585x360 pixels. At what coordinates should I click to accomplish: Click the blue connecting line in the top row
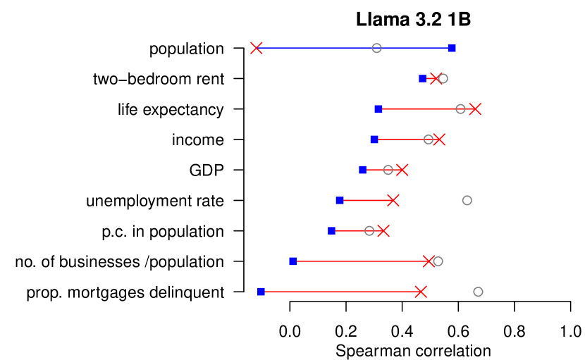point(317,48)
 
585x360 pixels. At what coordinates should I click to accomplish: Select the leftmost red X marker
point(257,48)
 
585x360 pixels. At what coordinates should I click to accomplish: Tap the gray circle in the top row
point(376,48)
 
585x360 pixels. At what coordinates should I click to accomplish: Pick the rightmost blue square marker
point(452,48)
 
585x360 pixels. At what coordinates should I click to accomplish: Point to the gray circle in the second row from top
point(443,78)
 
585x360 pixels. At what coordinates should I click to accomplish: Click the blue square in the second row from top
point(422,78)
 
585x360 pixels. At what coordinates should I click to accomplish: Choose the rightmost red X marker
point(475,108)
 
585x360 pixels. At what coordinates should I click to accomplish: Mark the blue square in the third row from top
point(378,108)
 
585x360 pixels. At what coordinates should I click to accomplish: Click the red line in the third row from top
point(419,108)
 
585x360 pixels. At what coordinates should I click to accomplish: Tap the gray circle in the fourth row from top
point(429,139)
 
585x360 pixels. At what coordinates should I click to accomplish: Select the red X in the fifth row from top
point(402,170)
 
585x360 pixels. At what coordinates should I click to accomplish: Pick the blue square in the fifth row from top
point(362,170)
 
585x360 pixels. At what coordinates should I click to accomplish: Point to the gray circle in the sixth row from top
point(467,200)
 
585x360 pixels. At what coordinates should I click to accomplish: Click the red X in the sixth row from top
point(393,200)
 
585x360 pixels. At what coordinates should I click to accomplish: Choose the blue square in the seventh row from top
point(331,230)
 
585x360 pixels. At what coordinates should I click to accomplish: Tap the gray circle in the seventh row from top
point(369,230)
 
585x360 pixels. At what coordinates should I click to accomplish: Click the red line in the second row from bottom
point(359,261)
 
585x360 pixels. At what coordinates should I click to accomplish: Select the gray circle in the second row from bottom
point(438,261)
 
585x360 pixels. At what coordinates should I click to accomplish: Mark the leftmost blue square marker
point(261,292)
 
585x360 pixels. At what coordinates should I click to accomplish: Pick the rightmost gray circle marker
point(478,292)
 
